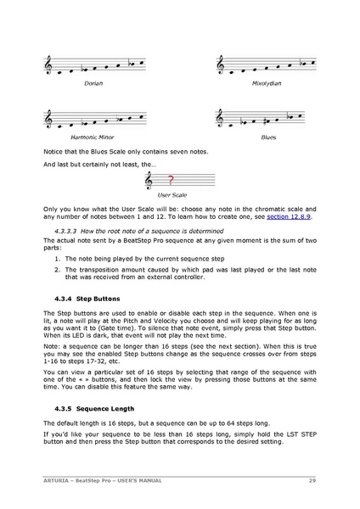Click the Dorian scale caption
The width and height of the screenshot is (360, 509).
point(93,84)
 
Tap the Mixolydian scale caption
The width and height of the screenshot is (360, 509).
point(266,84)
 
